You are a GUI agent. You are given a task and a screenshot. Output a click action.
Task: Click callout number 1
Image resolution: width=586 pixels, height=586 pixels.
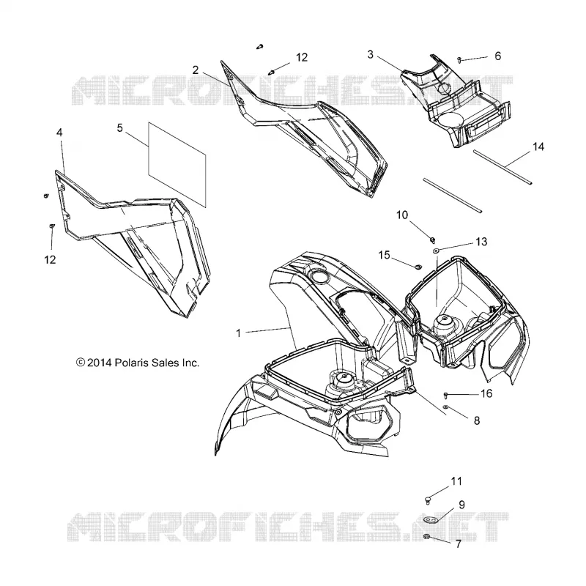(x=239, y=333)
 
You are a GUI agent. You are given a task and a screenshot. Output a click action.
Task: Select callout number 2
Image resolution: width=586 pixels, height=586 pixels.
(x=195, y=70)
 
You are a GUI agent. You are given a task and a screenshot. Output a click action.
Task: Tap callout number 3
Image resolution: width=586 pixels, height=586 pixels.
(x=370, y=54)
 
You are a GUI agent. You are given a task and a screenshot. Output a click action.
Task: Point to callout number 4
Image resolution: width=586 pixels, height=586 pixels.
(x=59, y=133)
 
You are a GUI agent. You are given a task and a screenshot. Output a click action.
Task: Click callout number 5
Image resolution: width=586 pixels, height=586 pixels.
(x=119, y=128)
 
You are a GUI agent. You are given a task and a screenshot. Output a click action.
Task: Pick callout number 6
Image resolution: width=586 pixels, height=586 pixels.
(x=497, y=56)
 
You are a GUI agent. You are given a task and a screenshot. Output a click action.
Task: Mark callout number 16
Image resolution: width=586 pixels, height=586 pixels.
(x=486, y=393)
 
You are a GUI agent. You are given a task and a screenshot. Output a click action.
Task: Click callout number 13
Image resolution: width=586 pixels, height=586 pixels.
(x=481, y=242)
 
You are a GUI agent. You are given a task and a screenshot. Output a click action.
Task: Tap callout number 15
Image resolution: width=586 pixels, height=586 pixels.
(x=384, y=255)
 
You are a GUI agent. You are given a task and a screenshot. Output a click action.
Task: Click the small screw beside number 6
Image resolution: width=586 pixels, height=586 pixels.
(x=459, y=59)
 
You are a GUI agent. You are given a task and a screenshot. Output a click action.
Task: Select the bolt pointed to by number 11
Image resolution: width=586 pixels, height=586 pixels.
(x=429, y=500)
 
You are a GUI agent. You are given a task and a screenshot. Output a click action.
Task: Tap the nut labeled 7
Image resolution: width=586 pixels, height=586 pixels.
(x=426, y=537)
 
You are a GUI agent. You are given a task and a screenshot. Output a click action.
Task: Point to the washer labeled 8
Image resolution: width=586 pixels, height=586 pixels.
(x=445, y=407)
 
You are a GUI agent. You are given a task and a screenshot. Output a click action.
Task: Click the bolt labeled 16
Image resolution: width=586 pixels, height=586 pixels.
(x=445, y=395)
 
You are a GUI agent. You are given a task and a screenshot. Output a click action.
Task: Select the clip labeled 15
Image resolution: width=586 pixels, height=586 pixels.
(x=418, y=266)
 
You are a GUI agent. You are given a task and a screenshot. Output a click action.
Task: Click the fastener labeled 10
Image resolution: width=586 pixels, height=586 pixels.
(x=433, y=240)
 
